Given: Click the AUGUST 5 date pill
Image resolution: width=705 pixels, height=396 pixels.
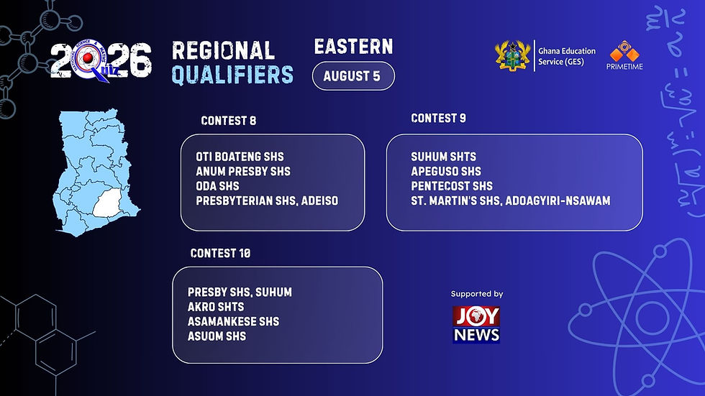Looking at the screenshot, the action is [353, 76].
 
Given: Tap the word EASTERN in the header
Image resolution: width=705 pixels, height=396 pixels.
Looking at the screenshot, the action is [353, 47].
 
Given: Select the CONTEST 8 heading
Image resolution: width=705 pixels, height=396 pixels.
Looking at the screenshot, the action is [229, 121].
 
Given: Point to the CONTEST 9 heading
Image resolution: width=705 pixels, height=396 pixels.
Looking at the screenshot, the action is [438, 118].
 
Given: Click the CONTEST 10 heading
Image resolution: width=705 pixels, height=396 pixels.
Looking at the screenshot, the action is [220, 253].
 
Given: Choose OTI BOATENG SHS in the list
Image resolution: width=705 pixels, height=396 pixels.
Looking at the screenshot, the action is [240, 157].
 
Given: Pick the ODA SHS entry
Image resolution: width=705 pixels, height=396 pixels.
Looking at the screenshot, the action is [217, 186].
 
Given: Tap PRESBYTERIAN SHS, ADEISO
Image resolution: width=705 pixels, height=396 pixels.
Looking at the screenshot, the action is [267, 201].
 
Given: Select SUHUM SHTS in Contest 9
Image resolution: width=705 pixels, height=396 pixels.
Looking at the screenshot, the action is [443, 157].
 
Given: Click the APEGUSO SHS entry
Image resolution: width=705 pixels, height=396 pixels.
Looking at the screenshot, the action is [446, 172].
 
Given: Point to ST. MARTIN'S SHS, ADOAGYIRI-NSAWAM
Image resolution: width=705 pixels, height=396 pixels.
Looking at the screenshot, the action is [511, 201].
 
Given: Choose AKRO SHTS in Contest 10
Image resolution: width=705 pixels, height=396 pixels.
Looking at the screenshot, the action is [216, 307].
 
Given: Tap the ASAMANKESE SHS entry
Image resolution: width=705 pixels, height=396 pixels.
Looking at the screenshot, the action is [233, 321].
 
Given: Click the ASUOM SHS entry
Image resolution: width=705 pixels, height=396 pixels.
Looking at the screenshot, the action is [217, 336].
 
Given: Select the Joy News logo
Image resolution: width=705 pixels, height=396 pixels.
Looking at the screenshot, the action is [476, 325].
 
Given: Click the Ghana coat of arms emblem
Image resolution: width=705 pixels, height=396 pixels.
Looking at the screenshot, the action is [512, 55].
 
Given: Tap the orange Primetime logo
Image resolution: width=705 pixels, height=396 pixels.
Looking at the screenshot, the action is [624, 55].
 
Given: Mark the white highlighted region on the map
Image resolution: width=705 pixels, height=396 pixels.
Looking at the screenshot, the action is [108, 203].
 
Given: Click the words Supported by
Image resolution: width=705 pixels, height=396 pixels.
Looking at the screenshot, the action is [477, 294].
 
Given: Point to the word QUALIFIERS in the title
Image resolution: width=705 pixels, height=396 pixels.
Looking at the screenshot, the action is [232, 75].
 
